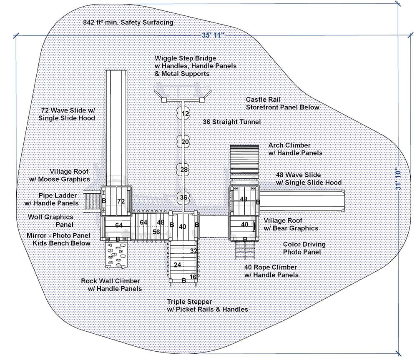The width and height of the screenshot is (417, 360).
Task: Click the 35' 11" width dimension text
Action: [x=213, y=35]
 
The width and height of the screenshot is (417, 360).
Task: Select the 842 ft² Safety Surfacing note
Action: [x=128, y=22]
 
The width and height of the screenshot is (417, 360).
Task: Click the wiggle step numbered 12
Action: [x=185, y=113]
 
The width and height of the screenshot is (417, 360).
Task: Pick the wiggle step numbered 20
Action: [x=185, y=142]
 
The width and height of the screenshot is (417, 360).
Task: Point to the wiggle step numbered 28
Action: [x=184, y=170]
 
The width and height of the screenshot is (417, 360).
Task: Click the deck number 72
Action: [x=121, y=201]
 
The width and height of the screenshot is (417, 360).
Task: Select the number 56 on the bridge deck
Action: [x=156, y=232]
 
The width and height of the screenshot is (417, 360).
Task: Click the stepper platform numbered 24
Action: [x=178, y=265]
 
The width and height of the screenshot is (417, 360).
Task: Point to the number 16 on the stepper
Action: [x=193, y=277]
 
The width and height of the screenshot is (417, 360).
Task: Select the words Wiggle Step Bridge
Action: [x=185, y=58]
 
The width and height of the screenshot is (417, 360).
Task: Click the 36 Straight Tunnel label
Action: [x=231, y=122]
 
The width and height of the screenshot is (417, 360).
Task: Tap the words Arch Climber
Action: [x=289, y=145]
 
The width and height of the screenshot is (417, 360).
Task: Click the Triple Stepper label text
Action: [x=189, y=302]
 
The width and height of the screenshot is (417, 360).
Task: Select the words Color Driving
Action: [x=304, y=245]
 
